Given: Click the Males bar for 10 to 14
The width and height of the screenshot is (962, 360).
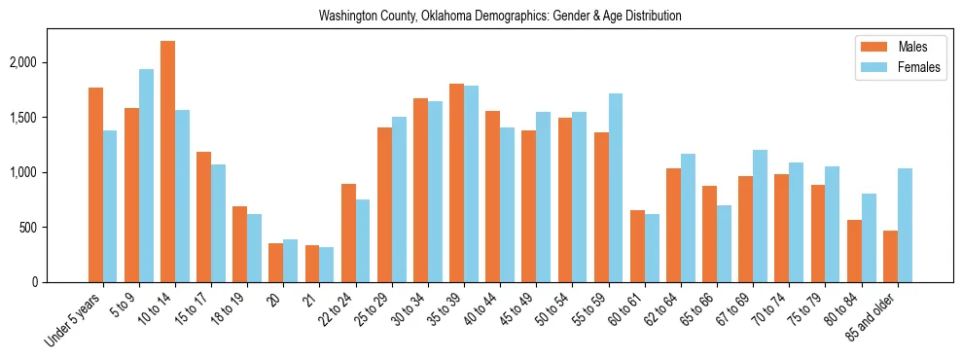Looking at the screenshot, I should point(167,162).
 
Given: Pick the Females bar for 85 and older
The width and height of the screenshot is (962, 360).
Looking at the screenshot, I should point(905,225).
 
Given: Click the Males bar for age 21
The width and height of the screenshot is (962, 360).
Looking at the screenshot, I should point(312,264).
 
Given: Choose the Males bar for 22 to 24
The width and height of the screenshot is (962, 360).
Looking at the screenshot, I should point(348,233).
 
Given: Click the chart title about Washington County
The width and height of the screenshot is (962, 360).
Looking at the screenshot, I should point(500,17).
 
